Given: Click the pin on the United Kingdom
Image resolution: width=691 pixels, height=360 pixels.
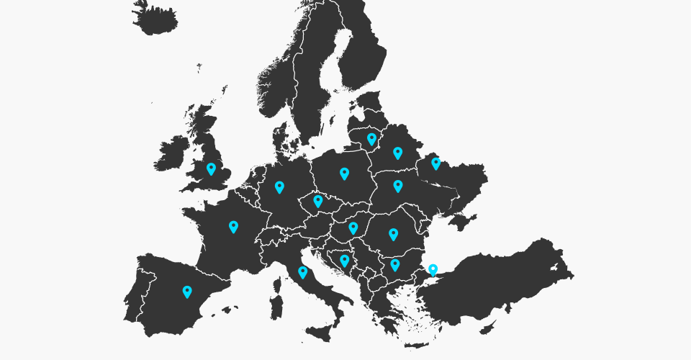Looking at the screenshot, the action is [x=211, y=168].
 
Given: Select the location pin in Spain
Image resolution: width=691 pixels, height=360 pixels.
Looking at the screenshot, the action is [x=187, y=291].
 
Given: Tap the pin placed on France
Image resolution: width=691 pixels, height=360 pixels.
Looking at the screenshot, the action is [x=233, y=226].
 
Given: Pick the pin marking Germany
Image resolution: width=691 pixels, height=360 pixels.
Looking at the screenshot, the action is [x=279, y=186].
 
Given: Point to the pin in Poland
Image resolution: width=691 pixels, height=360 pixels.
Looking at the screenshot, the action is [x=344, y=173].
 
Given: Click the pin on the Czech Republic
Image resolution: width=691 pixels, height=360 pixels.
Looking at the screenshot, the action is [x=317, y=200].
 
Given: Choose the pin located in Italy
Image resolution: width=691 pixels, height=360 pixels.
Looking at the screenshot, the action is [x=302, y=271].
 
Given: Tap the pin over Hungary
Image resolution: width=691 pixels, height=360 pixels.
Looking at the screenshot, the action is [x=353, y=228].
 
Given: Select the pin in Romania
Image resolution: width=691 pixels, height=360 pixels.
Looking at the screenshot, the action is [x=393, y=233].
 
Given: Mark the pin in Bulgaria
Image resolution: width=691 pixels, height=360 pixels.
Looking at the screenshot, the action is [x=394, y=264].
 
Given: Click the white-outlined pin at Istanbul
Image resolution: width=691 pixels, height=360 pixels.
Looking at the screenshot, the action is [x=433, y=270].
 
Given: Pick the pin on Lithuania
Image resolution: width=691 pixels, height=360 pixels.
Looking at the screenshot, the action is [x=371, y=138].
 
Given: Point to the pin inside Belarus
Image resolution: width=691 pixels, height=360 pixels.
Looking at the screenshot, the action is [x=397, y=152].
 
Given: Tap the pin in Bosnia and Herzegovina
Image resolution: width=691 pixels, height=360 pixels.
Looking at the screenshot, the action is [x=345, y=260].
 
